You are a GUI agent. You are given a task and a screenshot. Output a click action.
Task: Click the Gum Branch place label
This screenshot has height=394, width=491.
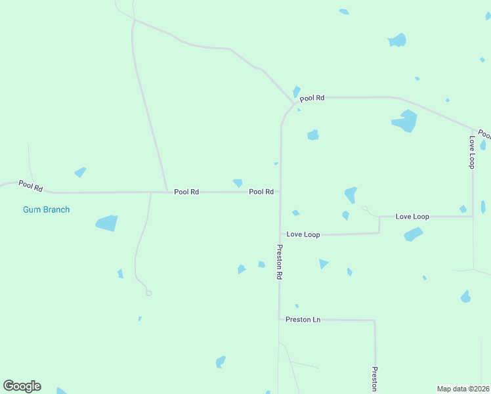pyautogui.click(x=46, y=209)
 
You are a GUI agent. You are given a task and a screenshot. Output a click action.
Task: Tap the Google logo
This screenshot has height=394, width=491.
pyautogui.click(x=22, y=386)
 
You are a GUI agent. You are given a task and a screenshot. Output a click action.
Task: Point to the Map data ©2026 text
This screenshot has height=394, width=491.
pyautogui.click(x=463, y=389)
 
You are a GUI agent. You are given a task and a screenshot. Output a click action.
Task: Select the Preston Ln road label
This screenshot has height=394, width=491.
pyautogui.click(x=303, y=320)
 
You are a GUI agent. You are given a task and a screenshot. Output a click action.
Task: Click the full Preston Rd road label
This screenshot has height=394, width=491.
pyautogui.click(x=279, y=262)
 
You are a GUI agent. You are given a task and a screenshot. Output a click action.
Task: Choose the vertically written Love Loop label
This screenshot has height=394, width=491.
pyautogui.click(x=471, y=152)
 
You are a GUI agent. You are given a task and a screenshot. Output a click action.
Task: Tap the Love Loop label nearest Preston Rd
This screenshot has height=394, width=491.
pyautogui.click(x=303, y=234)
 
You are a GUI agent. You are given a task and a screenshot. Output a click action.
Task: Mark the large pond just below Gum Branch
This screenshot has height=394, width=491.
pyautogui.click(x=107, y=223)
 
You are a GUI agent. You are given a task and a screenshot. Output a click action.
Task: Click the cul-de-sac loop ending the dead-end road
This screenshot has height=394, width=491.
pyautogui.click(x=149, y=293)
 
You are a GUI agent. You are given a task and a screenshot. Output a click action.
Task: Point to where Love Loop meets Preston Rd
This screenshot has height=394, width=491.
pyautogui.click(x=280, y=234)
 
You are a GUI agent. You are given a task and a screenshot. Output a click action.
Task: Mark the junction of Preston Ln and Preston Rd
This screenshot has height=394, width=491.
pyautogui.click(x=279, y=319)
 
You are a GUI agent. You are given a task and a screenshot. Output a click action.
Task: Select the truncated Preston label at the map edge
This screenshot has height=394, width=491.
pyautogui.click(x=375, y=378)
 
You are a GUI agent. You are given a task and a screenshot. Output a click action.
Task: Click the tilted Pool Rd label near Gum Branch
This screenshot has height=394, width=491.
pyautogui.click(x=31, y=186)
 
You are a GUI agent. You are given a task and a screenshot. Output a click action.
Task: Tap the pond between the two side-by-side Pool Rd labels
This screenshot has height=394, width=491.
pyautogui.click(x=238, y=183)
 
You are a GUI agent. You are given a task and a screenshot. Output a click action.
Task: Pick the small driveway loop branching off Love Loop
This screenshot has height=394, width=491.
pyautogui.click(x=366, y=209)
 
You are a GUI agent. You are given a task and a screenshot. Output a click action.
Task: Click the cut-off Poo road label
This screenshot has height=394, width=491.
pyautogui.click(x=484, y=134)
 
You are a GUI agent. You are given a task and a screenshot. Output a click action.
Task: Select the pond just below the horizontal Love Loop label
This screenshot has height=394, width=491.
pyautogui.click(x=413, y=234)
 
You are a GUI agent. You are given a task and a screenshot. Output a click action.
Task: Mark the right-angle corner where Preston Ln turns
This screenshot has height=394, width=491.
pyautogui.click(x=375, y=321)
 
